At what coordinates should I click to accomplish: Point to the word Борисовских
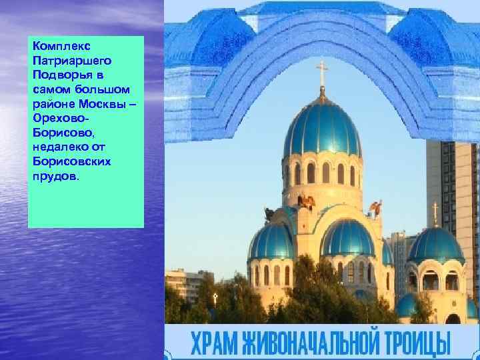pyautogui.click(x=69, y=161)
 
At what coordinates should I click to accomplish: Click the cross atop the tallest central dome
pyautogui.click(x=322, y=74)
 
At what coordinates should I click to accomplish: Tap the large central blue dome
pyautogui.click(x=323, y=130)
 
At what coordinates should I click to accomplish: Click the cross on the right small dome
pyautogui.click(x=435, y=213)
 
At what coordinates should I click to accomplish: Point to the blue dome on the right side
pyautogui.click(x=435, y=245)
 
